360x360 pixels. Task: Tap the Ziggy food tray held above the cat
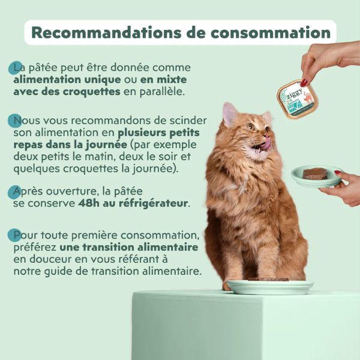point(298,98)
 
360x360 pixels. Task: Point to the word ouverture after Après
point(68,191)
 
